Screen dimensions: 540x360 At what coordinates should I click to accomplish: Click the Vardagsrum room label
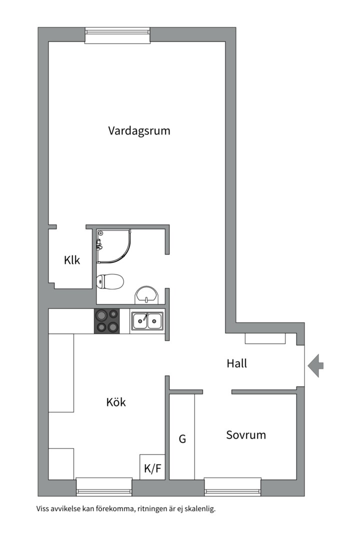click(139, 131)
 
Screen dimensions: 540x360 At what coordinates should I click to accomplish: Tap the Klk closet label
click(71, 260)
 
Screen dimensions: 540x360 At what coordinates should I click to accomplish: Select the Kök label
click(116, 402)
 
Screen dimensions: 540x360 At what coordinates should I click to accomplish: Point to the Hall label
click(236, 363)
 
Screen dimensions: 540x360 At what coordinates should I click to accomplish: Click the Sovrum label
click(245, 435)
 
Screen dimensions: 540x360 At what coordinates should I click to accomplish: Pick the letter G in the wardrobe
click(182, 439)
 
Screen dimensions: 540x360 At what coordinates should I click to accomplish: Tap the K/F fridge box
click(152, 468)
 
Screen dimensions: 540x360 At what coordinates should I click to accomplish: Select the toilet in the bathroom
click(110, 282)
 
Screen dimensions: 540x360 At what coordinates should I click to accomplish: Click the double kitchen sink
click(147, 321)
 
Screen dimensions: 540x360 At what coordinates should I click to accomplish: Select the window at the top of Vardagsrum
click(117, 35)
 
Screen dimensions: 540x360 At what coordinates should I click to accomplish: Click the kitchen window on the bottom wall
click(104, 486)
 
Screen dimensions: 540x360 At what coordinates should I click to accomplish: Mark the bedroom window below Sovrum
click(232, 486)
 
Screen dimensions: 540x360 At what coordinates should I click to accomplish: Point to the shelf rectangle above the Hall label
click(265, 338)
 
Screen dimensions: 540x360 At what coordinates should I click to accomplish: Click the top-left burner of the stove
click(101, 315)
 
